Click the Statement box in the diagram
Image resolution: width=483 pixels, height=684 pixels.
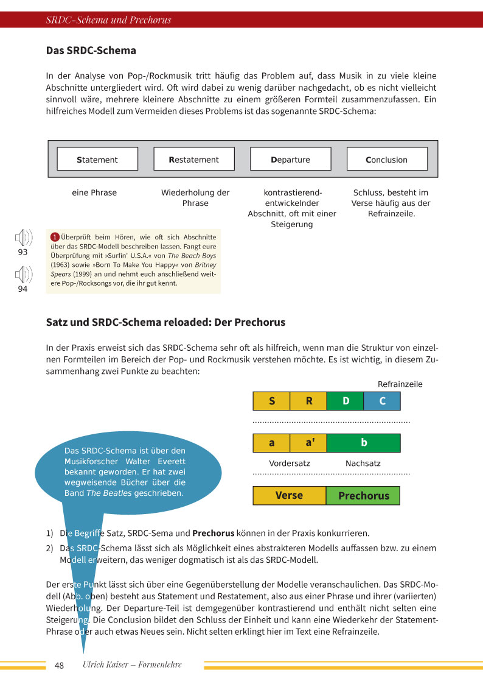click(x=97, y=159)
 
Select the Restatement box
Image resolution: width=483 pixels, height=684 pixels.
click(x=194, y=159)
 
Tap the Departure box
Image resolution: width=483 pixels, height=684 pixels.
click(x=290, y=159)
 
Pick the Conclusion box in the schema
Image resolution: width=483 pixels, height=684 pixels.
click(x=387, y=159)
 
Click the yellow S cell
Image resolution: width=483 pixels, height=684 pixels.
click(x=271, y=401)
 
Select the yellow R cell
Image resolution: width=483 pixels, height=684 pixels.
click(x=308, y=401)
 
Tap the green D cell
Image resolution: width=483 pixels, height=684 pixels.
click(x=346, y=401)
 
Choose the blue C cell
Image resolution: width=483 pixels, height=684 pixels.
click(x=382, y=401)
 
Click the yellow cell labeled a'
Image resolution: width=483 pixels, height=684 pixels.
click(x=308, y=443)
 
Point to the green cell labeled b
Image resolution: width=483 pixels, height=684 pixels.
click(x=364, y=443)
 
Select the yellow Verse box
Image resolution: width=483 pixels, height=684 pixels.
click(x=289, y=495)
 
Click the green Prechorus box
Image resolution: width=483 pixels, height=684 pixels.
click(x=363, y=495)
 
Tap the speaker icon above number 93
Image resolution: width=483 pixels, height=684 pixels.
click(x=23, y=238)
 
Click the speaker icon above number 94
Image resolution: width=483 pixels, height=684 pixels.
click(x=23, y=275)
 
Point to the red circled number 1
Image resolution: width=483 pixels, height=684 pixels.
click(x=54, y=236)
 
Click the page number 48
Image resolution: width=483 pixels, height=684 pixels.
click(x=59, y=665)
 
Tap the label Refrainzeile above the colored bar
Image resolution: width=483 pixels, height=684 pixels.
click(x=400, y=384)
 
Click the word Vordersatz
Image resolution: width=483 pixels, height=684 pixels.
click(x=290, y=464)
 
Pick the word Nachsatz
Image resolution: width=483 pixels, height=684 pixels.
click(x=363, y=464)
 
